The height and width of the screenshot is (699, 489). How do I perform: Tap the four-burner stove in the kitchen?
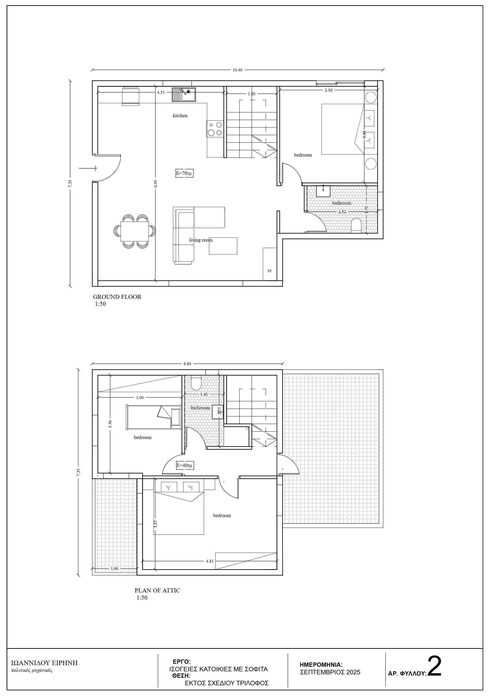pyautogui.click(x=215, y=129)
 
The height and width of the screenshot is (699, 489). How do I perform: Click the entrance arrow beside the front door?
pyautogui.click(x=88, y=168)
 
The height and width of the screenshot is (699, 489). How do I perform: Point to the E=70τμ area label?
pyautogui.click(x=184, y=173)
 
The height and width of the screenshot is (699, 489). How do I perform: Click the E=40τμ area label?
pyautogui.click(x=185, y=466)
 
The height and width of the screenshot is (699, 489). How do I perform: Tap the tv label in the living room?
pyautogui.click(x=270, y=271)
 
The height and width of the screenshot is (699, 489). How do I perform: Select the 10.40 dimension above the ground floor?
pyautogui.click(x=237, y=70)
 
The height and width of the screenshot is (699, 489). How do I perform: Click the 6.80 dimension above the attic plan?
pyautogui.click(x=187, y=364)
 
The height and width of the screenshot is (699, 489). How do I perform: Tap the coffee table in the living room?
pyautogui.click(x=223, y=246)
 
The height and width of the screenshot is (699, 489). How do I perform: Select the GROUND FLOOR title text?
pyautogui.click(x=117, y=297)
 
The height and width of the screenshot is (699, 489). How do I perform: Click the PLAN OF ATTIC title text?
pyautogui.click(x=157, y=590)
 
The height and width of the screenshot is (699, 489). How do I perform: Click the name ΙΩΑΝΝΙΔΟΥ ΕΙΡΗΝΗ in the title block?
pyautogui.click(x=44, y=663)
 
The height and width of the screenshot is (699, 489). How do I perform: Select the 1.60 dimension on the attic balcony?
pyautogui.click(x=114, y=568)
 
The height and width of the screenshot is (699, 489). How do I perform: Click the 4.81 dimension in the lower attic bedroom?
pyautogui.click(x=210, y=561)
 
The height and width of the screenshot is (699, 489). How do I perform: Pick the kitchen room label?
pyautogui.click(x=180, y=115)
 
